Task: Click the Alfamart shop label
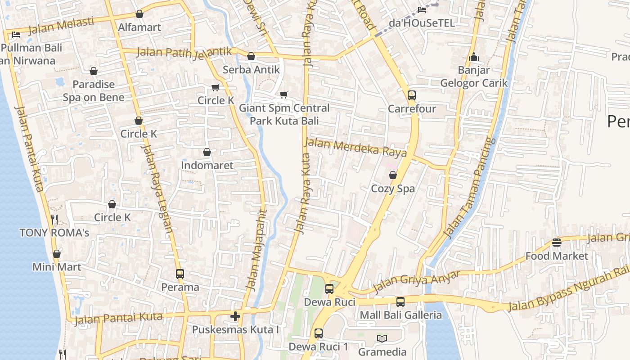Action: tap(139, 27)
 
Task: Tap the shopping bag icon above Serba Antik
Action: tap(251, 56)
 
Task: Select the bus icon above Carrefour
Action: tap(412, 95)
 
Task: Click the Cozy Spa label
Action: tap(393, 189)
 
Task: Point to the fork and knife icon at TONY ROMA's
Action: tap(54, 220)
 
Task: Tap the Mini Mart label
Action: tap(57, 267)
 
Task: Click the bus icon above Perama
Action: tap(180, 274)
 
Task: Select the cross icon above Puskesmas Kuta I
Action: tap(235, 316)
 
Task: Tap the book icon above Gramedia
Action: tap(382, 338)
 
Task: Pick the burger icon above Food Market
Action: tap(557, 243)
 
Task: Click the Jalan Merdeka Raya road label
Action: tap(355, 148)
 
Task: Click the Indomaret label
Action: tap(207, 165)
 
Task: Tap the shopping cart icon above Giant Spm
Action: tap(283, 94)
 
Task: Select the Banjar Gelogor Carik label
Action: tap(473, 76)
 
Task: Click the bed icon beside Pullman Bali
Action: tap(16, 35)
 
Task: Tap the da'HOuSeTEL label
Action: tap(422, 22)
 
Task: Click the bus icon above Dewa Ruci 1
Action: tap(319, 333)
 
